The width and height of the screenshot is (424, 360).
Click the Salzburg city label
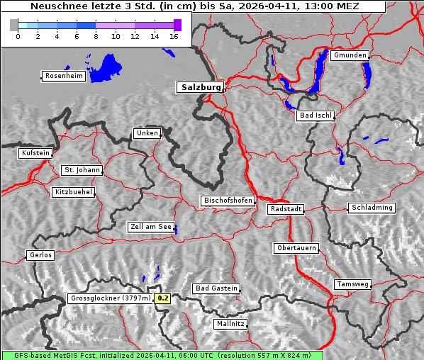click(x=200, y=87)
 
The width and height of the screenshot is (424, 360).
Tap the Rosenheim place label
click(x=63, y=76)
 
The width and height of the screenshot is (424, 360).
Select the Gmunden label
click(x=350, y=55)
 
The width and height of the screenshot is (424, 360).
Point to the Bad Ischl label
click(x=315, y=116)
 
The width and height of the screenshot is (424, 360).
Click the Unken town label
click(x=147, y=133)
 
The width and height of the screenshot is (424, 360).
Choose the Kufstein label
click(x=35, y=153)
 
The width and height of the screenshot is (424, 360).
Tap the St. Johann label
click(x=82, y=170)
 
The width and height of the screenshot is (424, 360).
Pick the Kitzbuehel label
click(x=73, y=192)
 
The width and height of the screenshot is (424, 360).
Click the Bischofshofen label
click(x=228, y=201)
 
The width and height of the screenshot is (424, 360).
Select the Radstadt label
click(x=286, y=209)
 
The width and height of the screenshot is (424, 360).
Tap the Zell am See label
click(x=151, y=227)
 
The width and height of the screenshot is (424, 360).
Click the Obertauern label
click(x=296, y=248)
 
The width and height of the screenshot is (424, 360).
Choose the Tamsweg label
click(x=352, y=284)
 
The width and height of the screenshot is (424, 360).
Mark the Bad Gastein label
click(x=217, y=288)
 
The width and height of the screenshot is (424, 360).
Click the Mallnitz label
click(x=230, y=324)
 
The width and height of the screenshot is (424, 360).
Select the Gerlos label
click(x=40, y=255)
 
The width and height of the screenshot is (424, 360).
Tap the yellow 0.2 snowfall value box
click(x=163, y=298)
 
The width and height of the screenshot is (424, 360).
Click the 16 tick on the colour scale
click(x=174, y=36)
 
